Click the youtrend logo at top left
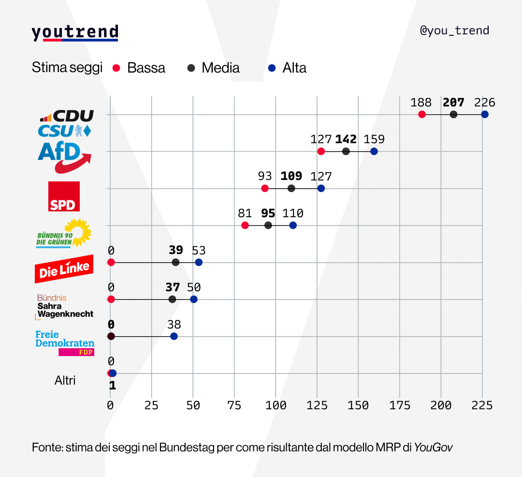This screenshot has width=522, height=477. click(75, 32)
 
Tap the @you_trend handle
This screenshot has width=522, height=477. click(454, 30)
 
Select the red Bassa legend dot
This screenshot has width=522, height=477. click(116, 68)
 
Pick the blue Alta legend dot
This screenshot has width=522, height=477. click(272, 68)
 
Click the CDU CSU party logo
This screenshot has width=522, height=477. click(66, 123)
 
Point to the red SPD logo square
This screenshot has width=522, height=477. click(64, 196)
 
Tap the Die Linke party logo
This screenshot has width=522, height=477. click(64, 268)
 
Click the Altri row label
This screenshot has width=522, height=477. click(65, 380)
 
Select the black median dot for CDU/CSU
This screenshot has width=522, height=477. click(453, 114)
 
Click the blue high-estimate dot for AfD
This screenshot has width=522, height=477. click(374, 151)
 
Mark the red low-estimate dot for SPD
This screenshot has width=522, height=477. click(264, 188)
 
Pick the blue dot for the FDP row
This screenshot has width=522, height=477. click(174, 336)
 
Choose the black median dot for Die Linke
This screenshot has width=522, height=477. click(175, 262)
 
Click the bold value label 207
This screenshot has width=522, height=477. click(453, 103)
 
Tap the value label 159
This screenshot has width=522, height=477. click(374, 139)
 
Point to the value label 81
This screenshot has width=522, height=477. click(245, 213)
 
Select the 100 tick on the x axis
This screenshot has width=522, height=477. click(275, 405)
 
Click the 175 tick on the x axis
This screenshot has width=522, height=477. click(400, 405)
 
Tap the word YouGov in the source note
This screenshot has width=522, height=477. click(433, 447)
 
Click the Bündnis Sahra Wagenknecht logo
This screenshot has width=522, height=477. click(65, 306)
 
